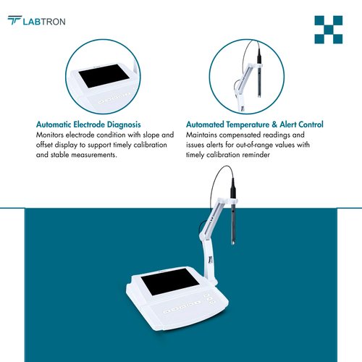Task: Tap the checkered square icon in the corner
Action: tap(328, 29)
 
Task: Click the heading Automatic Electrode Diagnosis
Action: tap(88, 125)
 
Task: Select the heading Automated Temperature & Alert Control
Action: tap(254, 125)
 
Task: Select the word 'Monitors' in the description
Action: tap(51, 135)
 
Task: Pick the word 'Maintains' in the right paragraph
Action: tap(203, 135)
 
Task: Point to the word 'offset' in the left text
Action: tap(46, 146)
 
